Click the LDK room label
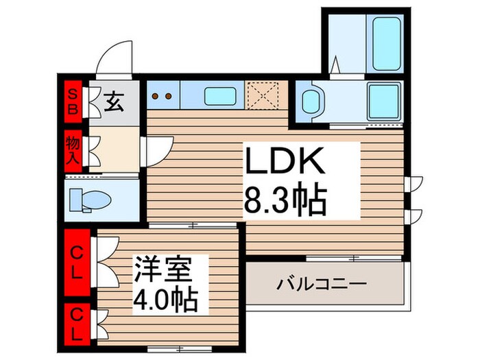coord(284,165)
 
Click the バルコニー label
coord(322,283)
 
